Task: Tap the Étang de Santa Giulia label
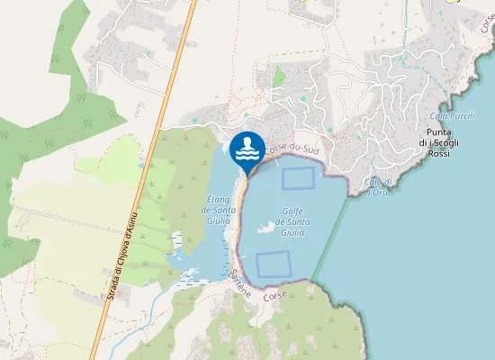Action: [220, 210]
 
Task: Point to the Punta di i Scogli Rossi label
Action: [438, 143]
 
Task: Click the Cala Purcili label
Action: [451, 116]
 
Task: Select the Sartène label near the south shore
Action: [239, 280]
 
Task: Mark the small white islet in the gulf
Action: [265, 228]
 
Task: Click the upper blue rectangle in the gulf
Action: [299, 178]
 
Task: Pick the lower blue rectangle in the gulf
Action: [273, 264]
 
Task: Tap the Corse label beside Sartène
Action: [276, 295]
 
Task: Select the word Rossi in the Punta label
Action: [438, 154]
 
